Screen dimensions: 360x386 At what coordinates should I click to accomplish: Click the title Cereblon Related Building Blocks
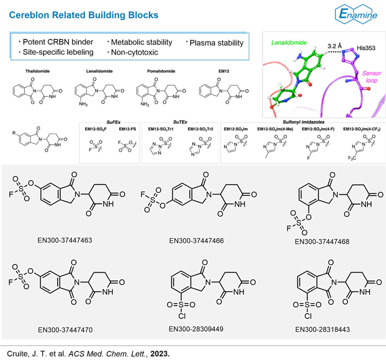click(84, 15)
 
